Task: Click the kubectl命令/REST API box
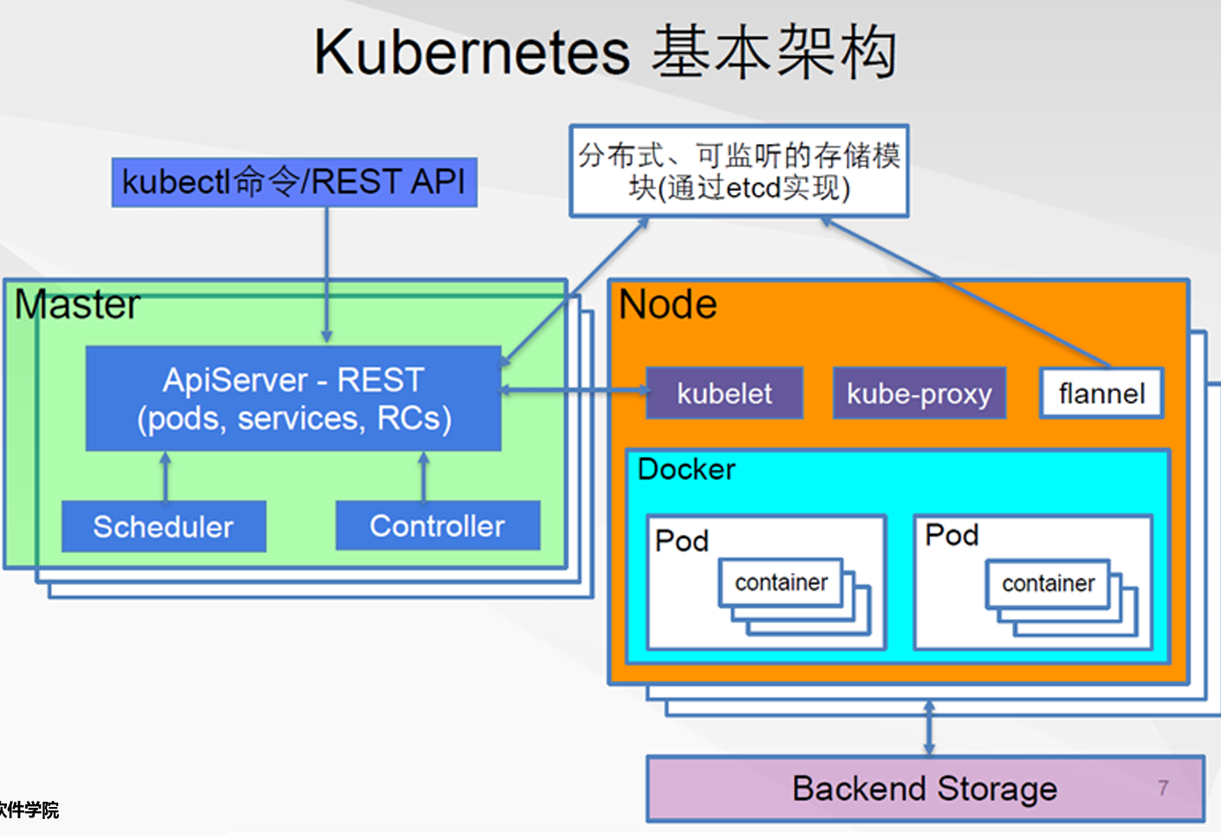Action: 294,182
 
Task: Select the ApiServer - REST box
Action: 293,399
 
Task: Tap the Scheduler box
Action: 164,526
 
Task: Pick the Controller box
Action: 438,525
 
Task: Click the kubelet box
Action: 724,393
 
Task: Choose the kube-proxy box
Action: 919,393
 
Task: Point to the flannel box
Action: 1101,393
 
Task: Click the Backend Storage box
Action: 925,789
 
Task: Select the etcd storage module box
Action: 738,171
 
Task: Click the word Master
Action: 77,305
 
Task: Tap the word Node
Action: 667,305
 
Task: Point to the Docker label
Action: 686,470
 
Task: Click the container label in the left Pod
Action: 781,582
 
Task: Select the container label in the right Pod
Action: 1048,583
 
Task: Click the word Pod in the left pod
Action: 682,541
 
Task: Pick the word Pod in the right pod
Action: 951,536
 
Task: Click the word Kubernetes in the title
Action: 471,52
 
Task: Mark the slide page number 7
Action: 1163,787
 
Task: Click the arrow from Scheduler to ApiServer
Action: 166,476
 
